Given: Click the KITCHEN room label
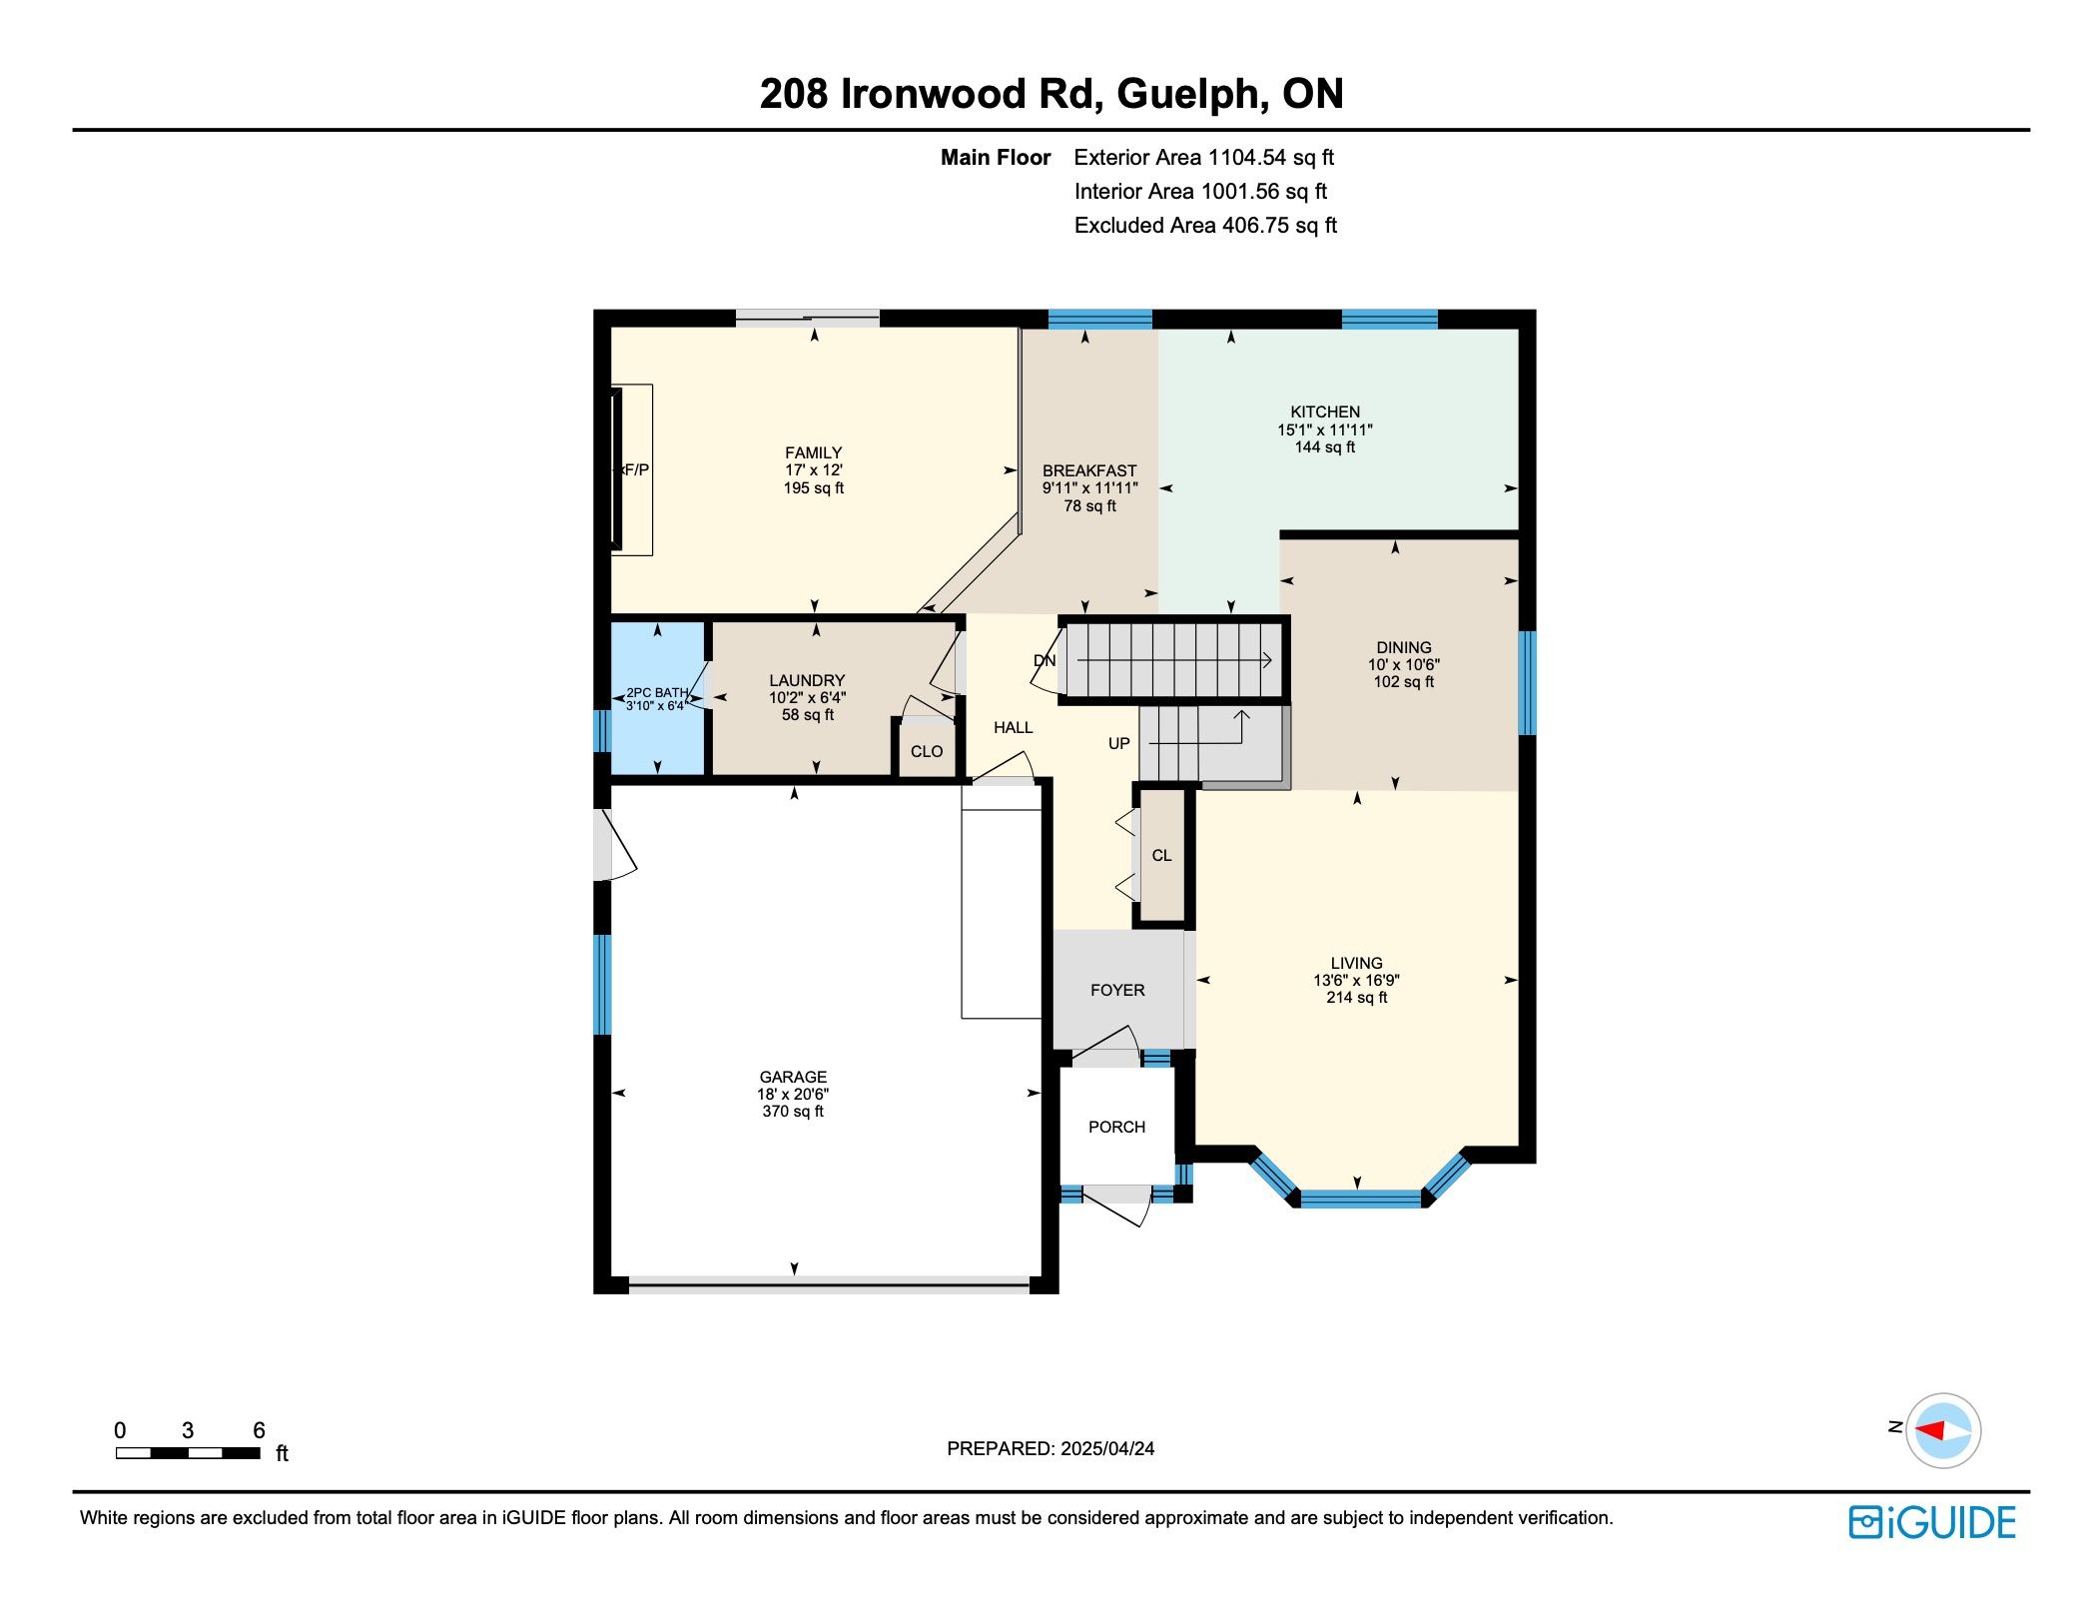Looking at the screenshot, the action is [1325, 411].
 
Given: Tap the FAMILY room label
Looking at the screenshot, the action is [813, 452].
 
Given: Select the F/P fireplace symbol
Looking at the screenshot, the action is [632, 469].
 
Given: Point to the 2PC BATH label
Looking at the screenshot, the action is [657, 692].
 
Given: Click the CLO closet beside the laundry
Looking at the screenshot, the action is [927, 751].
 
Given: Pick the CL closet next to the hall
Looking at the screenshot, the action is [1161, 856].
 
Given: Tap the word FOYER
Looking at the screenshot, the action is [1117, 990].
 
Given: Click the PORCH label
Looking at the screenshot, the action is [1116, 1127].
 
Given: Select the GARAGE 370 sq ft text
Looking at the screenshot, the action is [793, 1112].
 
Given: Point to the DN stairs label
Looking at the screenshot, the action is [1045, 661].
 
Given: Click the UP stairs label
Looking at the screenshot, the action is [1119, 743].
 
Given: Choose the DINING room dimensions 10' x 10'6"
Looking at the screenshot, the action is [1403, 664].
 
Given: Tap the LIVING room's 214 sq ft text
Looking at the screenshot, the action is [1356, 997].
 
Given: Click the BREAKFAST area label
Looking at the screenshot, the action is [1089, 470].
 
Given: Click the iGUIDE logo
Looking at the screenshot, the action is [1932, 1522].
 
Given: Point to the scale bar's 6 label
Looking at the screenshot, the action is [259, 1430].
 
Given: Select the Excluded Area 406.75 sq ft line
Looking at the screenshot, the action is [1205, 226].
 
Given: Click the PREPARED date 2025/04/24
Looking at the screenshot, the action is [1107, 1448].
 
